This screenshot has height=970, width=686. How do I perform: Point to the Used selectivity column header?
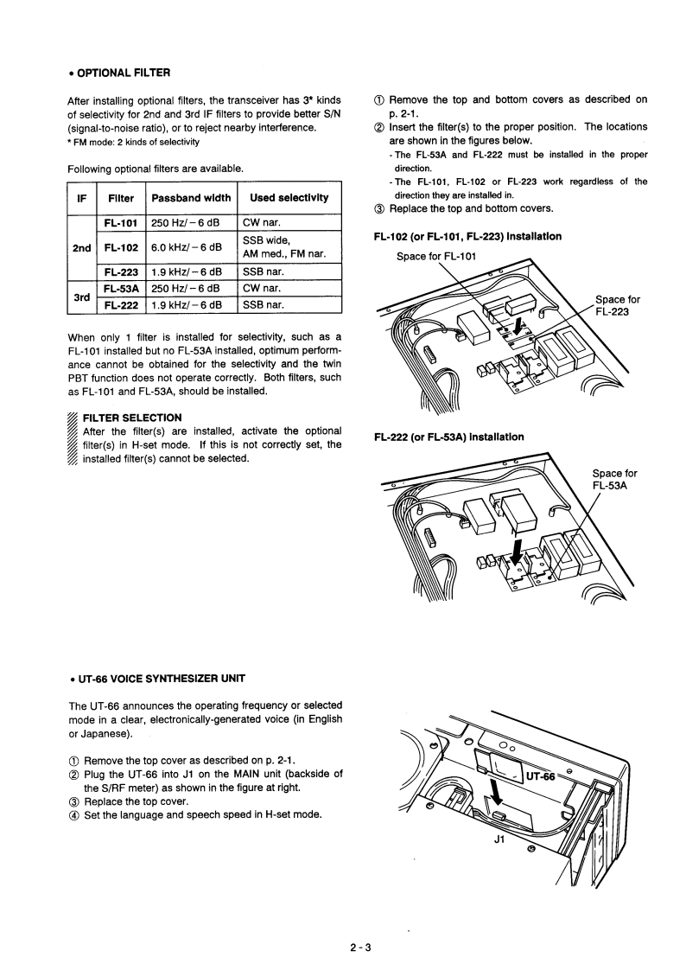(x=289, y=197)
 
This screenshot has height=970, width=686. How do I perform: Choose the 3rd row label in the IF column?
(x=81, y=297)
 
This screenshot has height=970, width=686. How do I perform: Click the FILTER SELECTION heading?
(x=132, y=418)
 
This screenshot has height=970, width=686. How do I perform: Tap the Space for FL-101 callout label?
(x=435, y=256)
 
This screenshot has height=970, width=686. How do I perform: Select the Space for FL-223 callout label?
(x=617, y=306)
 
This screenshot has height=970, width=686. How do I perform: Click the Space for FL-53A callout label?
(x=614, y=479)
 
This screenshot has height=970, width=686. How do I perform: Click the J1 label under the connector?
(x=498, y=837)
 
